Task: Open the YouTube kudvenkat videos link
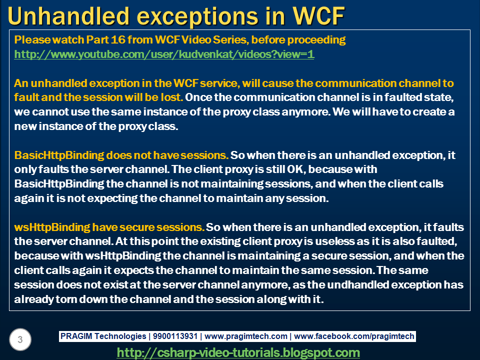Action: point(164,54)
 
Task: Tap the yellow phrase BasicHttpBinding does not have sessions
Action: point(121,155)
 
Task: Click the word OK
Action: point(296,169)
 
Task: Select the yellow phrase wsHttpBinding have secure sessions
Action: point(109,227)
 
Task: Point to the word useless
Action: point(334,241)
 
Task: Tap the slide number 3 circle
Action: point(20,339)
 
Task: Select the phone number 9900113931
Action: point(175,336)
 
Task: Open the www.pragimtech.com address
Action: point(246,336)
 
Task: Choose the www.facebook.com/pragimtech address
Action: point(354,336)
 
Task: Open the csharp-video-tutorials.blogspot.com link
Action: point(238,352)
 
